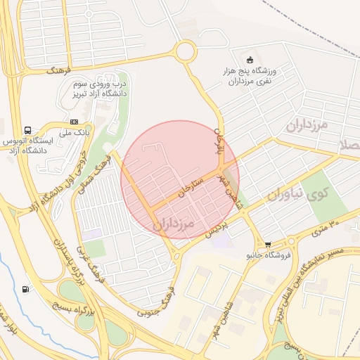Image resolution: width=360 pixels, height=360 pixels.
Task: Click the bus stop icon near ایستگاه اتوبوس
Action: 28,130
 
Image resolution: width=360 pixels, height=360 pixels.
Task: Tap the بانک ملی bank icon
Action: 75,122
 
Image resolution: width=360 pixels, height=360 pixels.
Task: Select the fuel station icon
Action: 27,288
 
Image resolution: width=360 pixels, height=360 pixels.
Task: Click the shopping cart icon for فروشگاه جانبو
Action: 268,243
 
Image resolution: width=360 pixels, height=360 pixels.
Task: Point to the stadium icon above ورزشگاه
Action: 252,59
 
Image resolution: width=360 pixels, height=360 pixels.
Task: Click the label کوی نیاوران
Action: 288,192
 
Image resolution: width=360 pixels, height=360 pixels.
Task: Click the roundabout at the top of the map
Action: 186,51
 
